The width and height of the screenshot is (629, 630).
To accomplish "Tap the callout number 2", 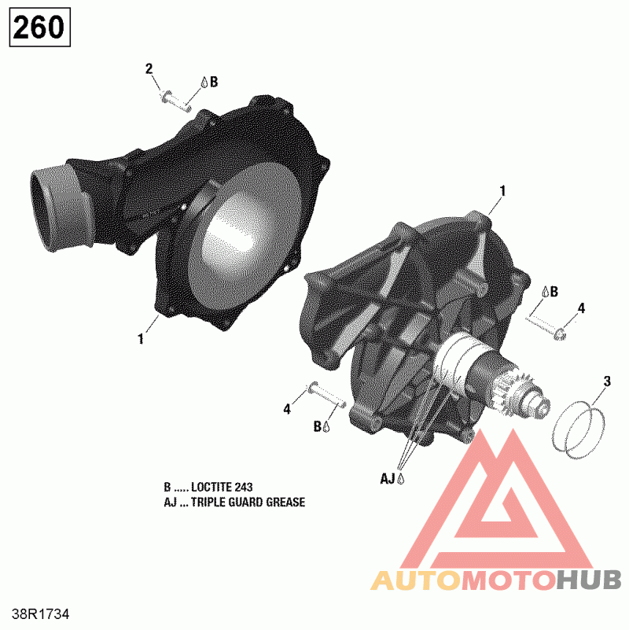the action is pos(149,68).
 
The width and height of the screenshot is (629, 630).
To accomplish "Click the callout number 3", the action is pos(606,383).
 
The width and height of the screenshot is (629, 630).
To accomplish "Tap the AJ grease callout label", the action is pos(388,477).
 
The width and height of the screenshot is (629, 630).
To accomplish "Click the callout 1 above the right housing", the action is pos(502,191).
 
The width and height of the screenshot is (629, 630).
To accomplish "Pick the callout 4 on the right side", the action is pos(580,308).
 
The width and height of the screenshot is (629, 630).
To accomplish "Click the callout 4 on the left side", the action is pos(287,409).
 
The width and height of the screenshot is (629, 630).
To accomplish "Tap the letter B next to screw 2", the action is pos(214,81).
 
